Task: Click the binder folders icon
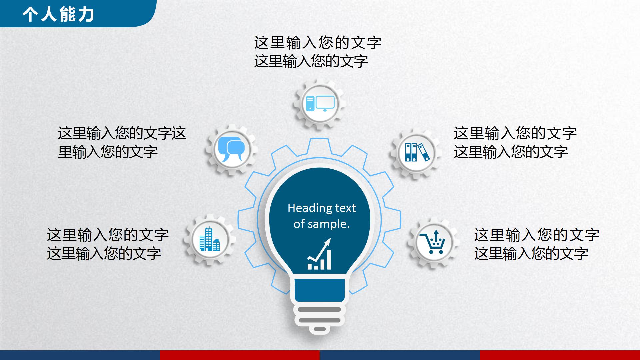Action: pos(417,152)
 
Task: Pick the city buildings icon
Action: pos(209,239)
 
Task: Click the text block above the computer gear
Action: pos(317,52)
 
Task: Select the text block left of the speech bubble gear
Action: pos(122,143)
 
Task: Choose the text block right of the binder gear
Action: pos(515,143)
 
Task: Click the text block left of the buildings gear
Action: pos(108,244)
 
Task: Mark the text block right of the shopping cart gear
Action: pos(536,244)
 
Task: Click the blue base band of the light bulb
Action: pos(320,290)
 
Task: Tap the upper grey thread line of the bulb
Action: pos(319,309)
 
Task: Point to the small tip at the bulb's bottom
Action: pos(320,329)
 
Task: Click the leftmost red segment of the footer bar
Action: pos(240,355)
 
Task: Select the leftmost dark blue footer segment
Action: pos(80,355)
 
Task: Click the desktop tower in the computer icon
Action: pos(310,103)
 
